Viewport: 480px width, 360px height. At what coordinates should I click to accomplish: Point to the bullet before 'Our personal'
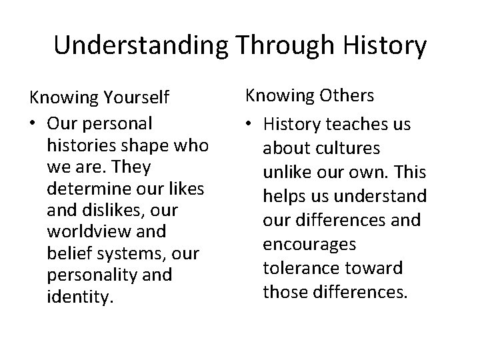pos(33,123)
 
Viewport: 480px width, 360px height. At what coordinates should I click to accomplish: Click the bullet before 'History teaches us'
pos(251,125)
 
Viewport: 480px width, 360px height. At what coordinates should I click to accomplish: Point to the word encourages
pos(309,245)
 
